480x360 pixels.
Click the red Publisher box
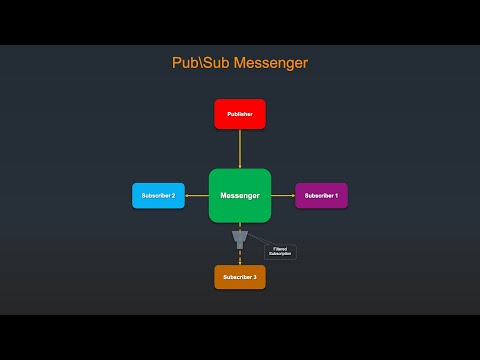[x=240, y=114]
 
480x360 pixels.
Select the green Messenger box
[x=240, y=195]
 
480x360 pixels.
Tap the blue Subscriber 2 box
[x=159, y=195]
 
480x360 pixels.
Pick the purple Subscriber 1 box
[x=321, y=195]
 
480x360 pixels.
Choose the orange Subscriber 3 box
[x=240, y=276]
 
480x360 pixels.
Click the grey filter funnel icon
[x=240, y=238]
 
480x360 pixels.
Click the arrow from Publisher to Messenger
[x=240, y=149]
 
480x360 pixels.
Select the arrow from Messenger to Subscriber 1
[x=283, y=195]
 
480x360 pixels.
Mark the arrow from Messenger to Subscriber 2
[x=197, y=195]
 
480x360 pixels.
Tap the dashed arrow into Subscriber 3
[x=240, y=257]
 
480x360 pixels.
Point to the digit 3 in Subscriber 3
[x=255, y=276]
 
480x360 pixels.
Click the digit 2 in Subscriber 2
[x=174, y=195]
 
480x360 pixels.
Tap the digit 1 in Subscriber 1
[x=336, y=195]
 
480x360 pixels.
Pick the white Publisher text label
[x=240, y=115]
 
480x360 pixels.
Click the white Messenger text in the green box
[x=240, y=195]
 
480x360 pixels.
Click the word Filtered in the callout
[x=280, y=248]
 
